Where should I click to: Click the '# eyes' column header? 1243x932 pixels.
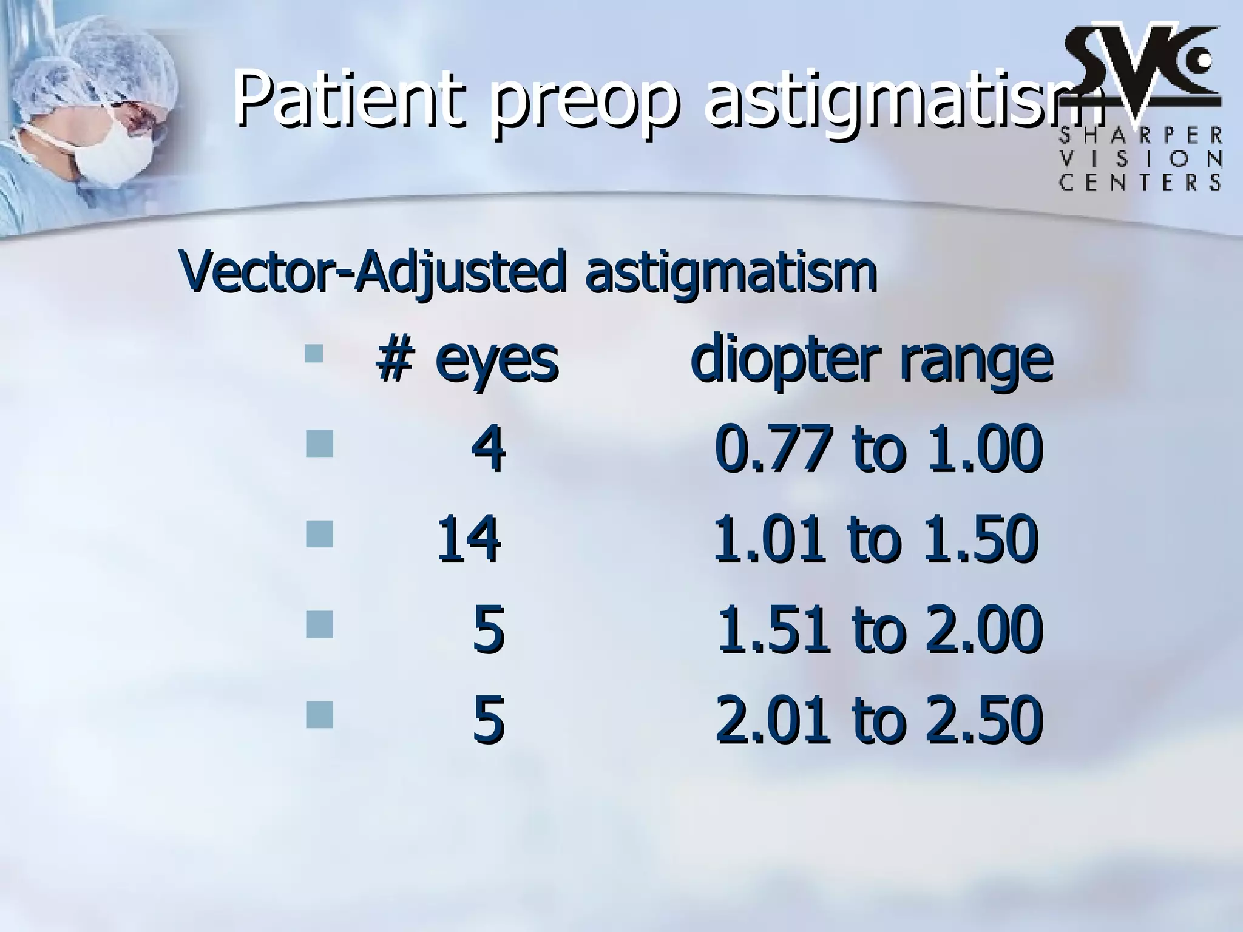click(466, 361)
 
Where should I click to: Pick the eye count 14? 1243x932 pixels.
click(469, 538)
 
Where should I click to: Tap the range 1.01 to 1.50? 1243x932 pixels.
click(875, 538)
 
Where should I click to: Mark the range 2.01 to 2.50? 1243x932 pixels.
click(879, 721)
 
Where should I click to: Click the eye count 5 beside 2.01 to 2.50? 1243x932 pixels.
click(488, 721)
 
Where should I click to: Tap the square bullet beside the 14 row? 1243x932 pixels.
click(320, 535)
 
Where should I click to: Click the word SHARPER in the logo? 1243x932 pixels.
click(1140, 135)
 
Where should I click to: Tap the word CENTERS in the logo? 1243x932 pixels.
click(1140, 182)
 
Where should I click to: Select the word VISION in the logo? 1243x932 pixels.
click(1140, 159)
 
